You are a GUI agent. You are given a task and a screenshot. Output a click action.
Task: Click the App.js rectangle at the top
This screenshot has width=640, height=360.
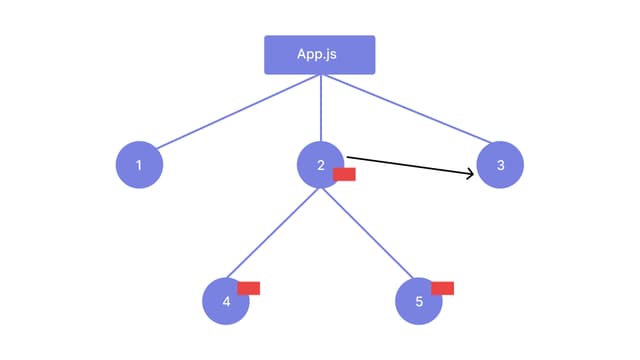tap(319, 55)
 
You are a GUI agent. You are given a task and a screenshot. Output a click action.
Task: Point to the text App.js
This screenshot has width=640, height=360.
tap(318, 54)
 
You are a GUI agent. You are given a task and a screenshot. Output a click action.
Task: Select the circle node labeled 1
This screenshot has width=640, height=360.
tap(139, 165)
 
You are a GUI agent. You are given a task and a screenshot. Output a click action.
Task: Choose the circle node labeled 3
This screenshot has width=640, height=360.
tap(500, 165)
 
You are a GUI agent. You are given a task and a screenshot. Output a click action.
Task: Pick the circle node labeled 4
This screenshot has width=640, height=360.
tap(225, 301)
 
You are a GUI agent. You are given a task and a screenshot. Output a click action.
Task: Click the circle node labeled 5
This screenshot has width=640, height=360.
tap(418, 301)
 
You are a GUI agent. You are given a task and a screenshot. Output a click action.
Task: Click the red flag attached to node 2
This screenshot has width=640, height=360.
tap(344, 174)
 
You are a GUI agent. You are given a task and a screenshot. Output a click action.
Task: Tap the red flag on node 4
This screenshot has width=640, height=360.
tap(249, 288)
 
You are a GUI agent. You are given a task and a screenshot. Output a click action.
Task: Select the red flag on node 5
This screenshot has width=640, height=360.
tap(442, 288)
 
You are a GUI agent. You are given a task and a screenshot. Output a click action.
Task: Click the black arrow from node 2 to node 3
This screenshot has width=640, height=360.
tap(410, 165)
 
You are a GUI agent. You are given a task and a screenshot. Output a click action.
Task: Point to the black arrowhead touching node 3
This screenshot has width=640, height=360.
tap(469, 174)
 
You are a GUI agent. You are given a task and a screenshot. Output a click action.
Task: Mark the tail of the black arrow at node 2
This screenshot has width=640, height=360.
tap(349, 156)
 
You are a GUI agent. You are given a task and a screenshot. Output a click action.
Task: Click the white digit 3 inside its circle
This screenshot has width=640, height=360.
tap(500, 165)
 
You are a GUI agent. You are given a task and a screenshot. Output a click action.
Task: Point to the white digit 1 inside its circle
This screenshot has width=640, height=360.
tap(139, 165)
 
